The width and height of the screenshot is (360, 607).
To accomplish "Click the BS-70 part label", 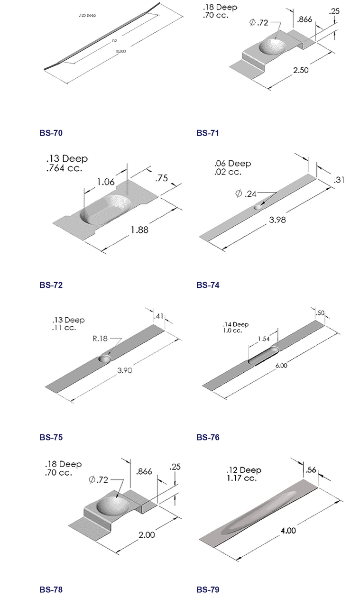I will [51, 133].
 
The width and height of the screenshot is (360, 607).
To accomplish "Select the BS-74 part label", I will [208, 285].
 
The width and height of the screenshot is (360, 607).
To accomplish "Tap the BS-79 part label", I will [208, 590].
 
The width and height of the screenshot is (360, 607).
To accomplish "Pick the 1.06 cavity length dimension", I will [105, 181].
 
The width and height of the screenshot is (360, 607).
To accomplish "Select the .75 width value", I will [162, 178].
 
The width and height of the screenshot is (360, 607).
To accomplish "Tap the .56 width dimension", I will [311, 470].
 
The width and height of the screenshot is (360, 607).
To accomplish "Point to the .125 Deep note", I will [87, 16].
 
